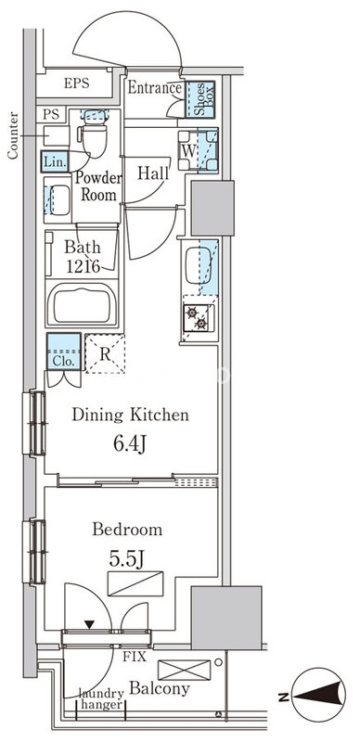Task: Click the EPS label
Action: click(x=77, y=83)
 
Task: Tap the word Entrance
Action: click(x=155, y=87)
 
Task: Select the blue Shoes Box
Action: click(x=199, y=99)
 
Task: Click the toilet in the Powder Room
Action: click(x=95, y=134)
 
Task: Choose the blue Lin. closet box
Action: click(x=55, y=161)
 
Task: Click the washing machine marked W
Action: click(x=198, y=150)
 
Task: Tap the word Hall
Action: click(x=153, y=173)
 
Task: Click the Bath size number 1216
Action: click(x=83, y=266)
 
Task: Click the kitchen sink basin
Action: click(x=199, y=265)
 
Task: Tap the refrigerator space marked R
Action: click(x=105, y=353)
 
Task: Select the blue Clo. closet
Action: click(x=63, y=352)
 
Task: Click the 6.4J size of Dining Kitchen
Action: click(x=130, y=444)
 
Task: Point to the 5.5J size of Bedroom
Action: click(x=126, y=559)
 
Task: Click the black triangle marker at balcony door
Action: click(x=89, y=625)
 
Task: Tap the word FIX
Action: click(x=135, y=657)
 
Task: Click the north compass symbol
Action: click(x=318, y=695)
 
